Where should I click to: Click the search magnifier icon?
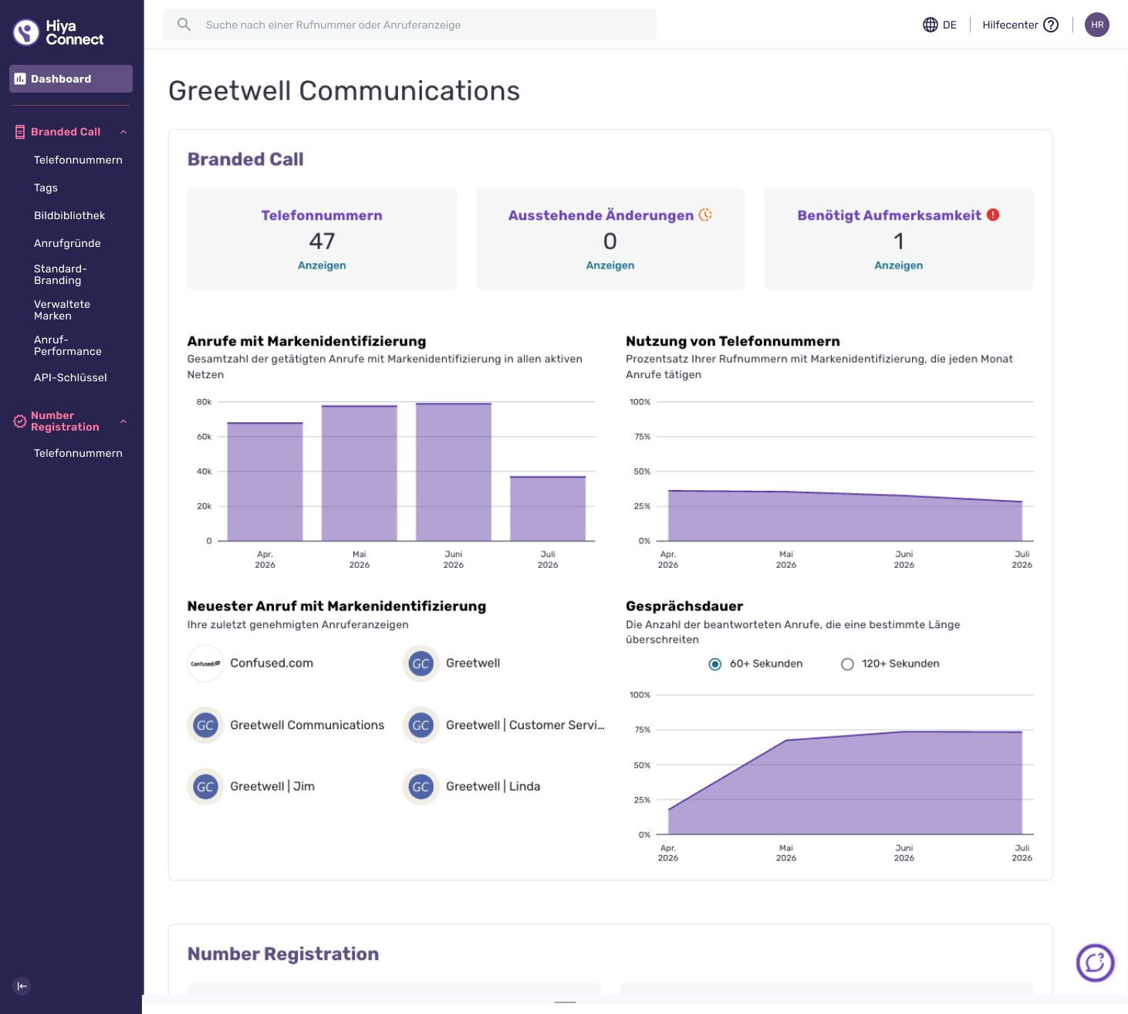click(x=184, y=24)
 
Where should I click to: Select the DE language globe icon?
click(x=930, y=25)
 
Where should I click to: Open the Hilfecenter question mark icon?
click(x=1050, y=25)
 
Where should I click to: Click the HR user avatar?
click(x=1096, y=25)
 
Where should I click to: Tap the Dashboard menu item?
click(x=71, y=79)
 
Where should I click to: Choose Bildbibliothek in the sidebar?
click(x=69, y=215)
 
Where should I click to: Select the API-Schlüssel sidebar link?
click(x=70, y=377)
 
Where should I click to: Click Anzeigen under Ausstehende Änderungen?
click(x=610, y=265)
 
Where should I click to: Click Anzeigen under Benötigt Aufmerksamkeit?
click(x=898, y=265)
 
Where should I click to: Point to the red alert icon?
click(x=992, y=215)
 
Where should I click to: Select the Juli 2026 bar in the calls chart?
click(x=548, y=509)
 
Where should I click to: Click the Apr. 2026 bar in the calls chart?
click(x=265, y=482)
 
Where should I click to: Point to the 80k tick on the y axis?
click(x=204, y=401)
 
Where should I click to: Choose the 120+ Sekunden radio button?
click(x=847, y=664)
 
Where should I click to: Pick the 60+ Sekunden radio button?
click(x=714, y=664)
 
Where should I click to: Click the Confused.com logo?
click(x=205, y=664)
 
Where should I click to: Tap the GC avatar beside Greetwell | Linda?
click(x=420, y=787)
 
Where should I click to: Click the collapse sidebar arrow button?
click(x=22, y=986)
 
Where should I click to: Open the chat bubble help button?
click(x=1095, y=963)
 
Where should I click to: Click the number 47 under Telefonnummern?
click(x=322, y=242)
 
